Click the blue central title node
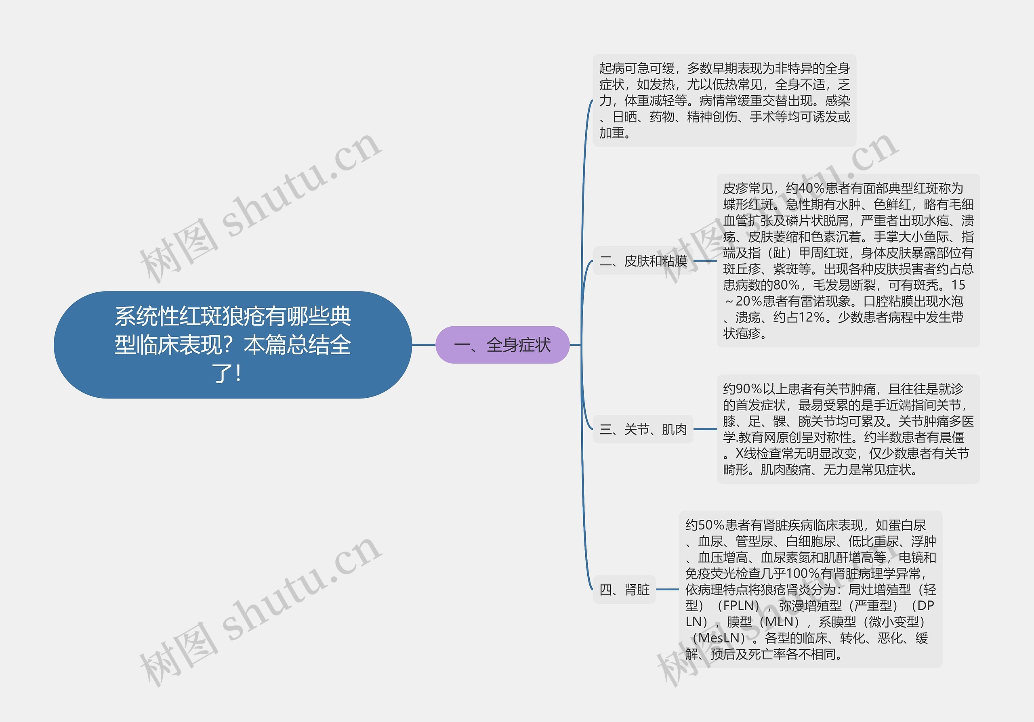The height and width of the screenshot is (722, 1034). (x=232, y=345)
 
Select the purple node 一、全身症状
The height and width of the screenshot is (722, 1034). (x=502, y=345)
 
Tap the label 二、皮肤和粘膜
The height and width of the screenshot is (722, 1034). (x=643, y=260)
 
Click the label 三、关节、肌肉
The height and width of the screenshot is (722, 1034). (x=643, y=429)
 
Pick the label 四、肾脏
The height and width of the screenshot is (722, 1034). (x=624, y=589)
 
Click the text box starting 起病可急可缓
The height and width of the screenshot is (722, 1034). (x=724, y=101)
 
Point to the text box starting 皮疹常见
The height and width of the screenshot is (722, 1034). (x=848, y=260)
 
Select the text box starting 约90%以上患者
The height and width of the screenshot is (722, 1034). (x=848, y=429)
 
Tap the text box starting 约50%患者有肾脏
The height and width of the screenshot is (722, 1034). (x=810, y=589)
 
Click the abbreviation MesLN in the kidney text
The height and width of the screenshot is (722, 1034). (x=719, y=638)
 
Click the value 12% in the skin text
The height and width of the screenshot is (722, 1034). (x=811, y=317)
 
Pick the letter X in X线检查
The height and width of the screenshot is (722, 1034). (x=740, y=453)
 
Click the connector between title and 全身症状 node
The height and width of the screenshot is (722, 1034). (x=424, y=345)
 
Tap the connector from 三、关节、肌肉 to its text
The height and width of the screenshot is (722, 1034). (x=705, y=429)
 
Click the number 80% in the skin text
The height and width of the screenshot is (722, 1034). (x=786, y=285)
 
